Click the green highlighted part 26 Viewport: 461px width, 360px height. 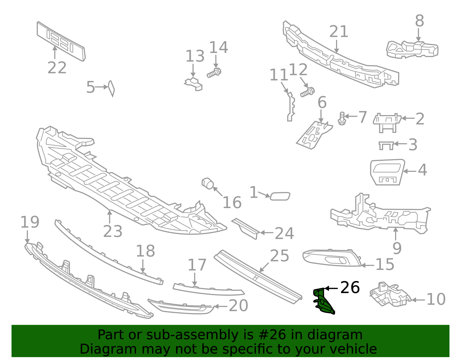[x=323, y=301]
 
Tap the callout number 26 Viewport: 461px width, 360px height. [x=350, y=288]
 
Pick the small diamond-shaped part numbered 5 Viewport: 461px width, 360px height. [x=111, y=88]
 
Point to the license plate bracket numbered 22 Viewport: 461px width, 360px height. [x=61, y=41]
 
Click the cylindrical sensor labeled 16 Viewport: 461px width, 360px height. [x=207, y=184]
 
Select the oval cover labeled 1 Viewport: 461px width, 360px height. [x=280, y=196]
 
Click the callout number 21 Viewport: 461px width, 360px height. [x=339, y=32]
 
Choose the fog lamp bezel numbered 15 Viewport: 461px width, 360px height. [x=331, y=258]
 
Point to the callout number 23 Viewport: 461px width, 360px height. [x=113, y=231]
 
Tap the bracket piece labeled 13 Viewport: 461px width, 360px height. [x=194, y=84]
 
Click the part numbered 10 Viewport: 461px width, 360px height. [x=390, y=294]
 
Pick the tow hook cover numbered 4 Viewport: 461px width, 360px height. [x=387, y=172]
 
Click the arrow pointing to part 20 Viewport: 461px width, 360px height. [x=221, y=306]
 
